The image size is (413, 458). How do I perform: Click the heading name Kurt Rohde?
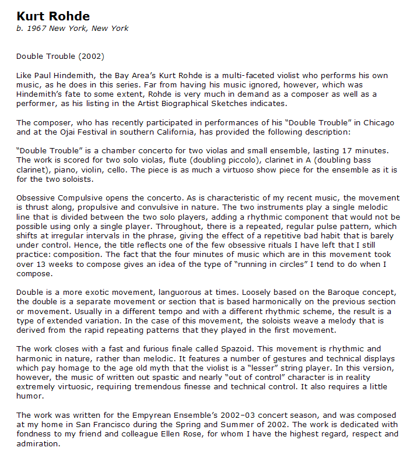(x=53, y=16)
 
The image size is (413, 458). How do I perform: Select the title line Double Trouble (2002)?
(x=60, y=57)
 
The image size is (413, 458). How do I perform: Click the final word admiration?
(x=38, y=443)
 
